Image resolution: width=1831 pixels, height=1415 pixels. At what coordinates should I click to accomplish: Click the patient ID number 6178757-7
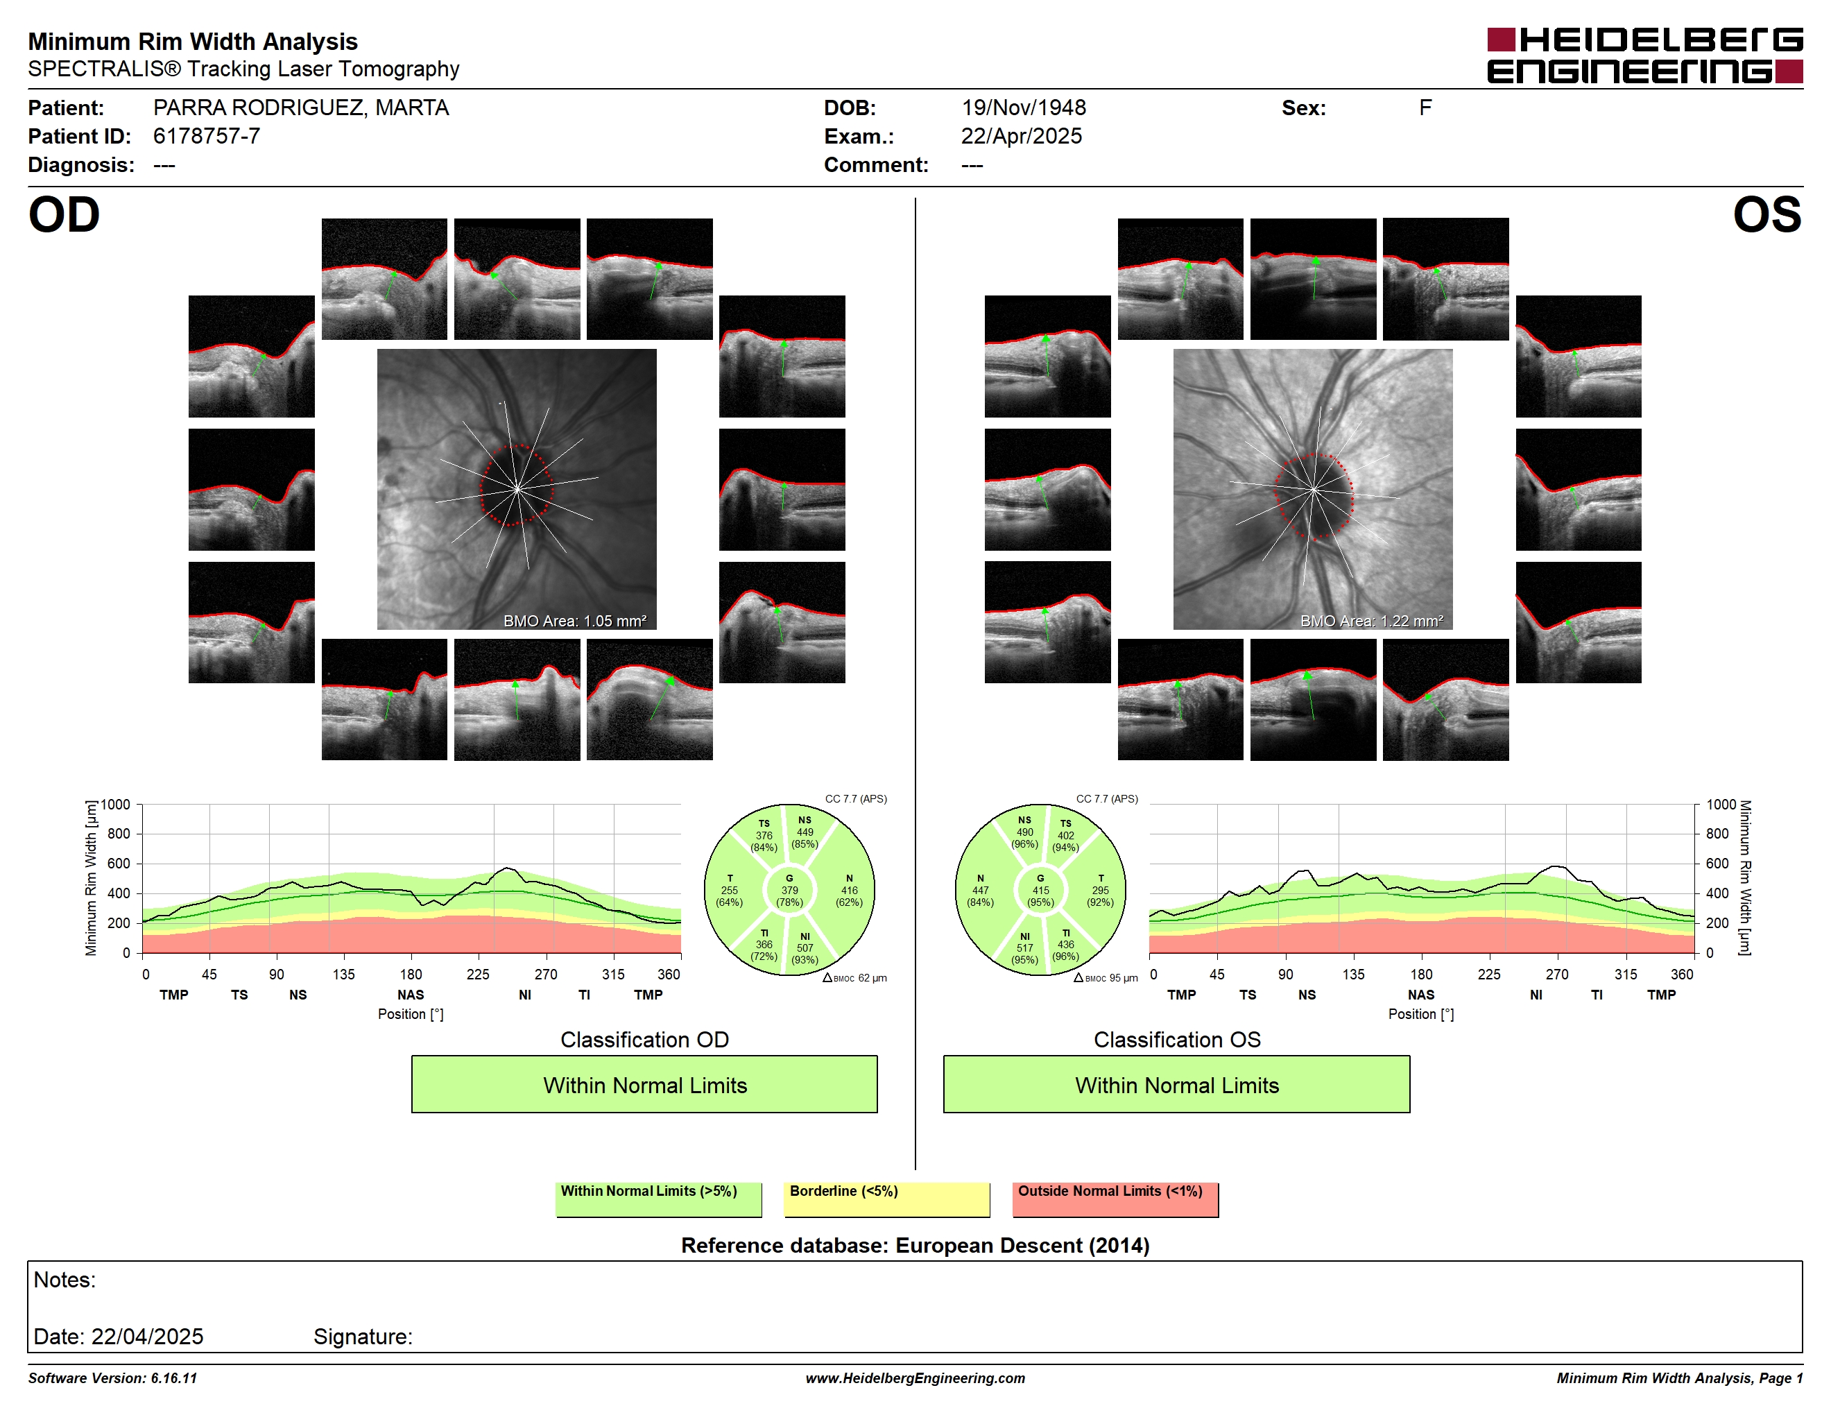(206, 136)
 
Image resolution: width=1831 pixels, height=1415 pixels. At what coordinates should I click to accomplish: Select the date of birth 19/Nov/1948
(1023, 108)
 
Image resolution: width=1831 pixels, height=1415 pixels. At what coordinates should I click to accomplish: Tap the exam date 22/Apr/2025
(1021, 136)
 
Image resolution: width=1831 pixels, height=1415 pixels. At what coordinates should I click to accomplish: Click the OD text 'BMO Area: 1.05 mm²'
(575, 621)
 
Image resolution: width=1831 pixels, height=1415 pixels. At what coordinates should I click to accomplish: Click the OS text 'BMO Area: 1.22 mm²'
(1372, 621)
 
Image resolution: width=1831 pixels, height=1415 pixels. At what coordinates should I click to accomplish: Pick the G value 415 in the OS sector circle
(1040, 890)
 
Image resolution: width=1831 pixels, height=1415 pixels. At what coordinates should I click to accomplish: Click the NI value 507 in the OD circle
(805, 948)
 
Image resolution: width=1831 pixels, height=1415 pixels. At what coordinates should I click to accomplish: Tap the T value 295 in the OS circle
(1100, 890)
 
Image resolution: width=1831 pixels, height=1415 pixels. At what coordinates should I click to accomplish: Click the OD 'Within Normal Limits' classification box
(644, 1084)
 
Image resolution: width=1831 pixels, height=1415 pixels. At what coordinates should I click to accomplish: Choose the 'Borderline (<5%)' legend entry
(886, 1199)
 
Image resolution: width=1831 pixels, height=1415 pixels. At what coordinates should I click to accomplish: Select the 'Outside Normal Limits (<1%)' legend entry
(1115, 1199)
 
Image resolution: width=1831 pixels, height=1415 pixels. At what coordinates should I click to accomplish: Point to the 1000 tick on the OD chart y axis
(116, 805)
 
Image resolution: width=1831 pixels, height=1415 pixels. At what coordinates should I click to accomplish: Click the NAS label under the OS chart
(1421, 995)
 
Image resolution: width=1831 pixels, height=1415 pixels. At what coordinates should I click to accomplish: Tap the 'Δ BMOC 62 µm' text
(854, 977)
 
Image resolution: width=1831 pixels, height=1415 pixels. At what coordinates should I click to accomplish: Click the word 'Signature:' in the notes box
(363, 1337)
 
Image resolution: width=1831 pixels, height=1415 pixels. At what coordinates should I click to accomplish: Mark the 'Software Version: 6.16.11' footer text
(112, 1378)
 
